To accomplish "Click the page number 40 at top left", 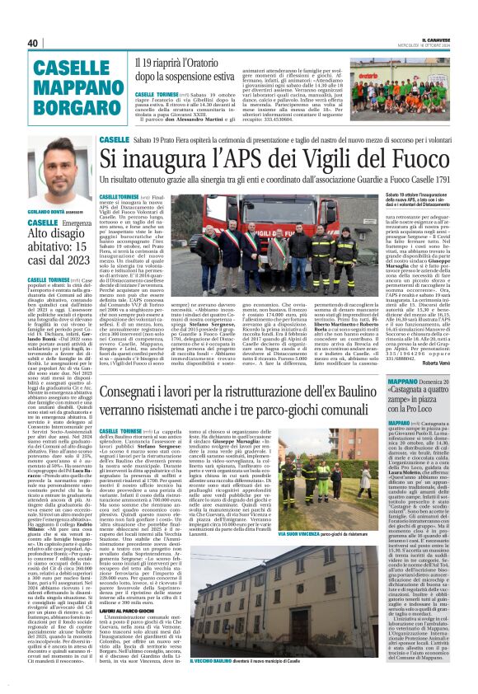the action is [x=33, y=42].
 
